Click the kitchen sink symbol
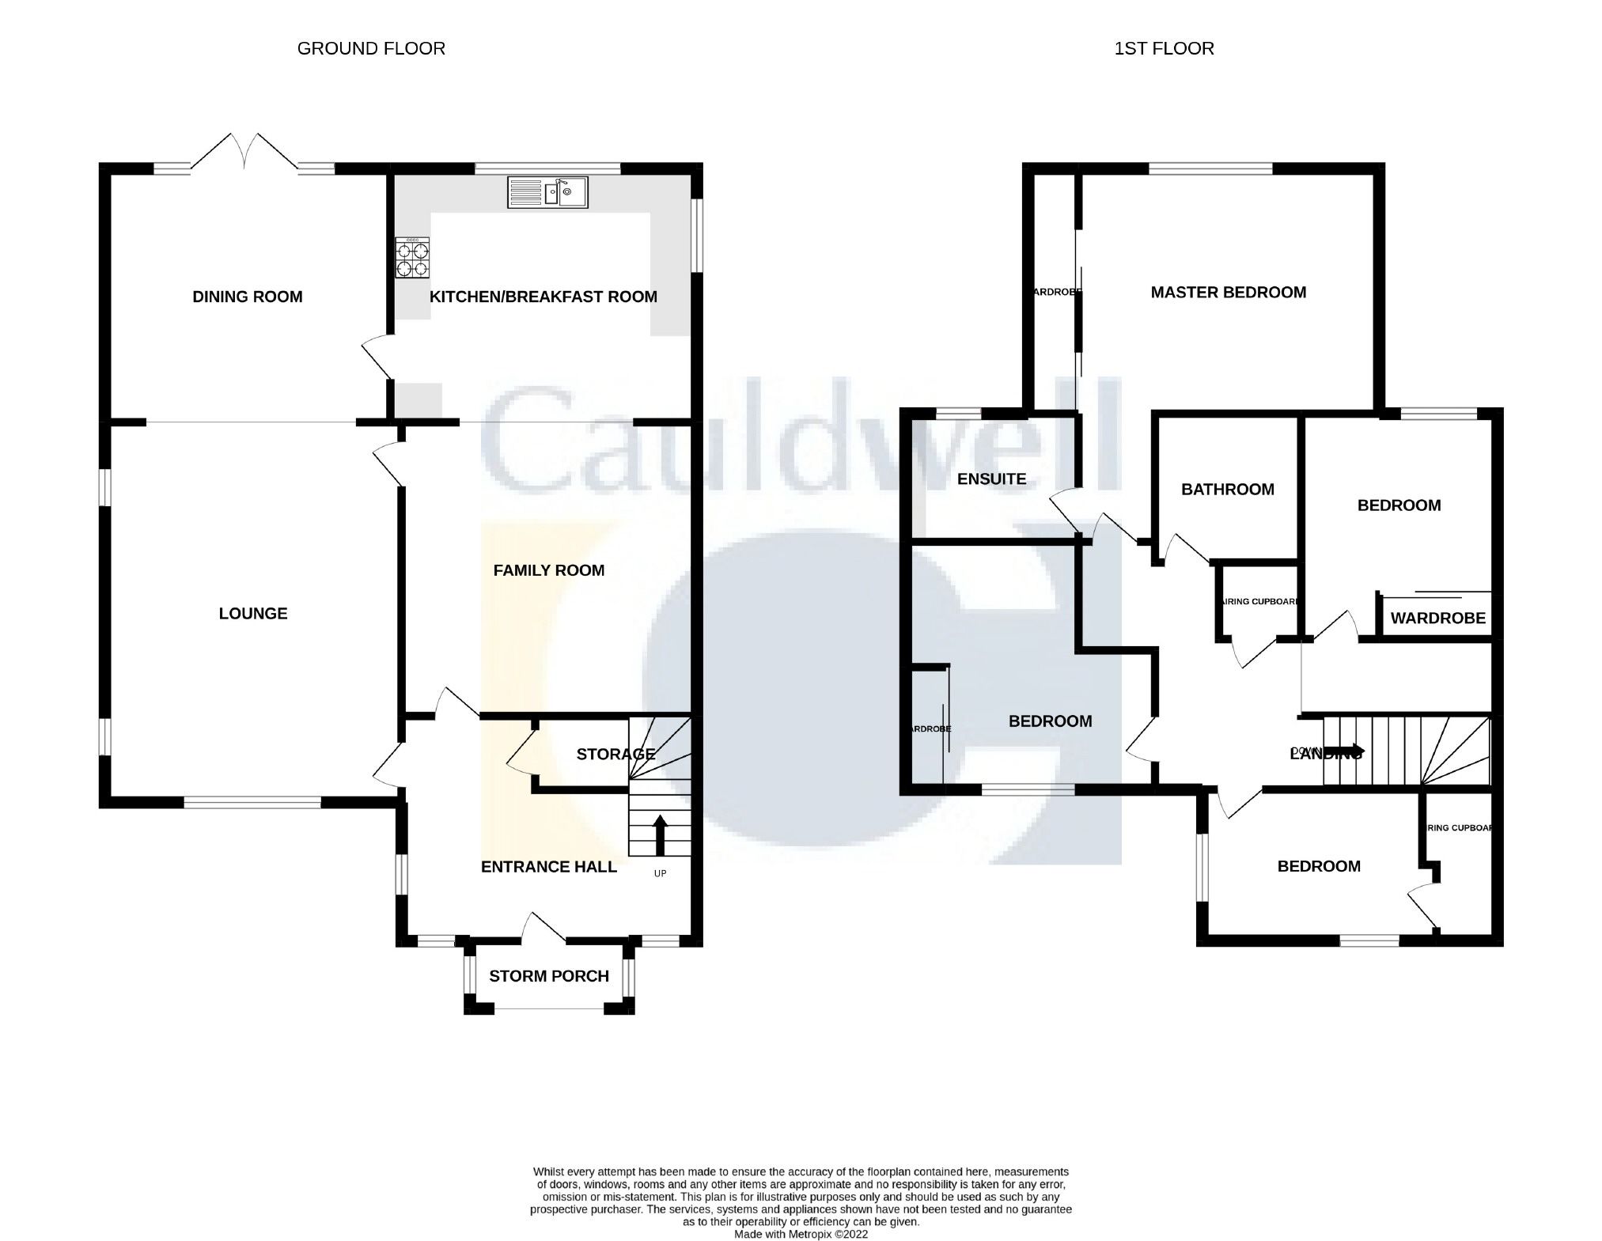(x=547, y=192)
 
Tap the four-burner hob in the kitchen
(x=412, y=258)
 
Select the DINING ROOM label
(x=248, y=297)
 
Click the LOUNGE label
(x=253, y=613)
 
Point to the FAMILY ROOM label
(x=548, y=570)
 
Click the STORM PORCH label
(x=548, y=976)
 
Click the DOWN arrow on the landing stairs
(x=1344, y=751)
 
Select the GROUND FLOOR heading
(x=371, y=48)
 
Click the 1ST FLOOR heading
(x=1164, y=48)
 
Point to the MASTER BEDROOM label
(x=1228, y=293)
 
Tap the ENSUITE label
(x=991, y=479)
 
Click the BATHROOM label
(x=1227, y=490)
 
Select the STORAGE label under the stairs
(x=615, y=754)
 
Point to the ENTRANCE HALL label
(x=548, y=867)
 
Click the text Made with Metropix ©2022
(x=801, y=1234)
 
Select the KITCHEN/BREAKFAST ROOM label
(x=543, y=297)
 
